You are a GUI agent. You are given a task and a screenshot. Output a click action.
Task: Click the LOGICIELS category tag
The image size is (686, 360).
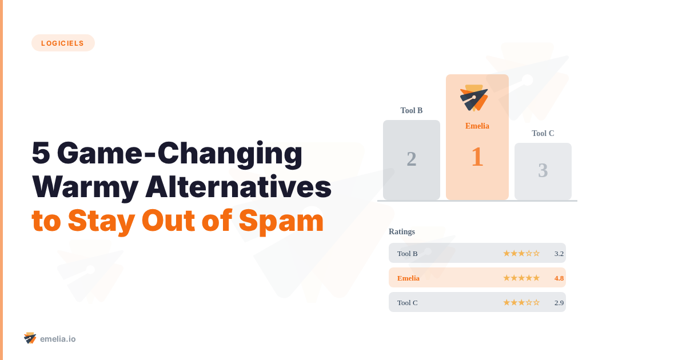63,43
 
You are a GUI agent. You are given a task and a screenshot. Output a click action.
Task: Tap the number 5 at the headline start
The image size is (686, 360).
41,153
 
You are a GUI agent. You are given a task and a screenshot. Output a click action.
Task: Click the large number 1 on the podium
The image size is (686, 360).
477,157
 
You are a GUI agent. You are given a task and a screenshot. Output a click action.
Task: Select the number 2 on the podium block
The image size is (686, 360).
412,159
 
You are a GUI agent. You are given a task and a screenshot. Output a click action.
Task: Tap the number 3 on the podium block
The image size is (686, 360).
543,170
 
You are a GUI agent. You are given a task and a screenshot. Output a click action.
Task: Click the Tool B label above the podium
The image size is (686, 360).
412,110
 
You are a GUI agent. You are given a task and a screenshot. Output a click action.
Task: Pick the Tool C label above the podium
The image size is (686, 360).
543,133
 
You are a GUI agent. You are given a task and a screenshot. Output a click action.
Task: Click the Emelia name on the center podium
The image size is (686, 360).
477,126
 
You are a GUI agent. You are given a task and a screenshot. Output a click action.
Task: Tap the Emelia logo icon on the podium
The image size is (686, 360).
474,98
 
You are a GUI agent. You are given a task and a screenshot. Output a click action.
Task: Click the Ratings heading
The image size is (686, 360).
402,231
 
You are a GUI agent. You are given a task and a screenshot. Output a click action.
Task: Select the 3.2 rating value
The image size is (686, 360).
559,253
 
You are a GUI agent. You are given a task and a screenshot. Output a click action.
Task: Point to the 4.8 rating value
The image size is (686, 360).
559,278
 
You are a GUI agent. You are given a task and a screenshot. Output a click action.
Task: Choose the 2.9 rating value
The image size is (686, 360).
559,302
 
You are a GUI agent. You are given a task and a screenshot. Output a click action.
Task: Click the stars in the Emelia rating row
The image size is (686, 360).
521,278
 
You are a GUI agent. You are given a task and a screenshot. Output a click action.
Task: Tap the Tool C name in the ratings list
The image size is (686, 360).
407,302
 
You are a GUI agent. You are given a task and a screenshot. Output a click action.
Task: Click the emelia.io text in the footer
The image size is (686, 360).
58,339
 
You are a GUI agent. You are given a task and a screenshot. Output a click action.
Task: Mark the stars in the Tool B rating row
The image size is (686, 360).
521,253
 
